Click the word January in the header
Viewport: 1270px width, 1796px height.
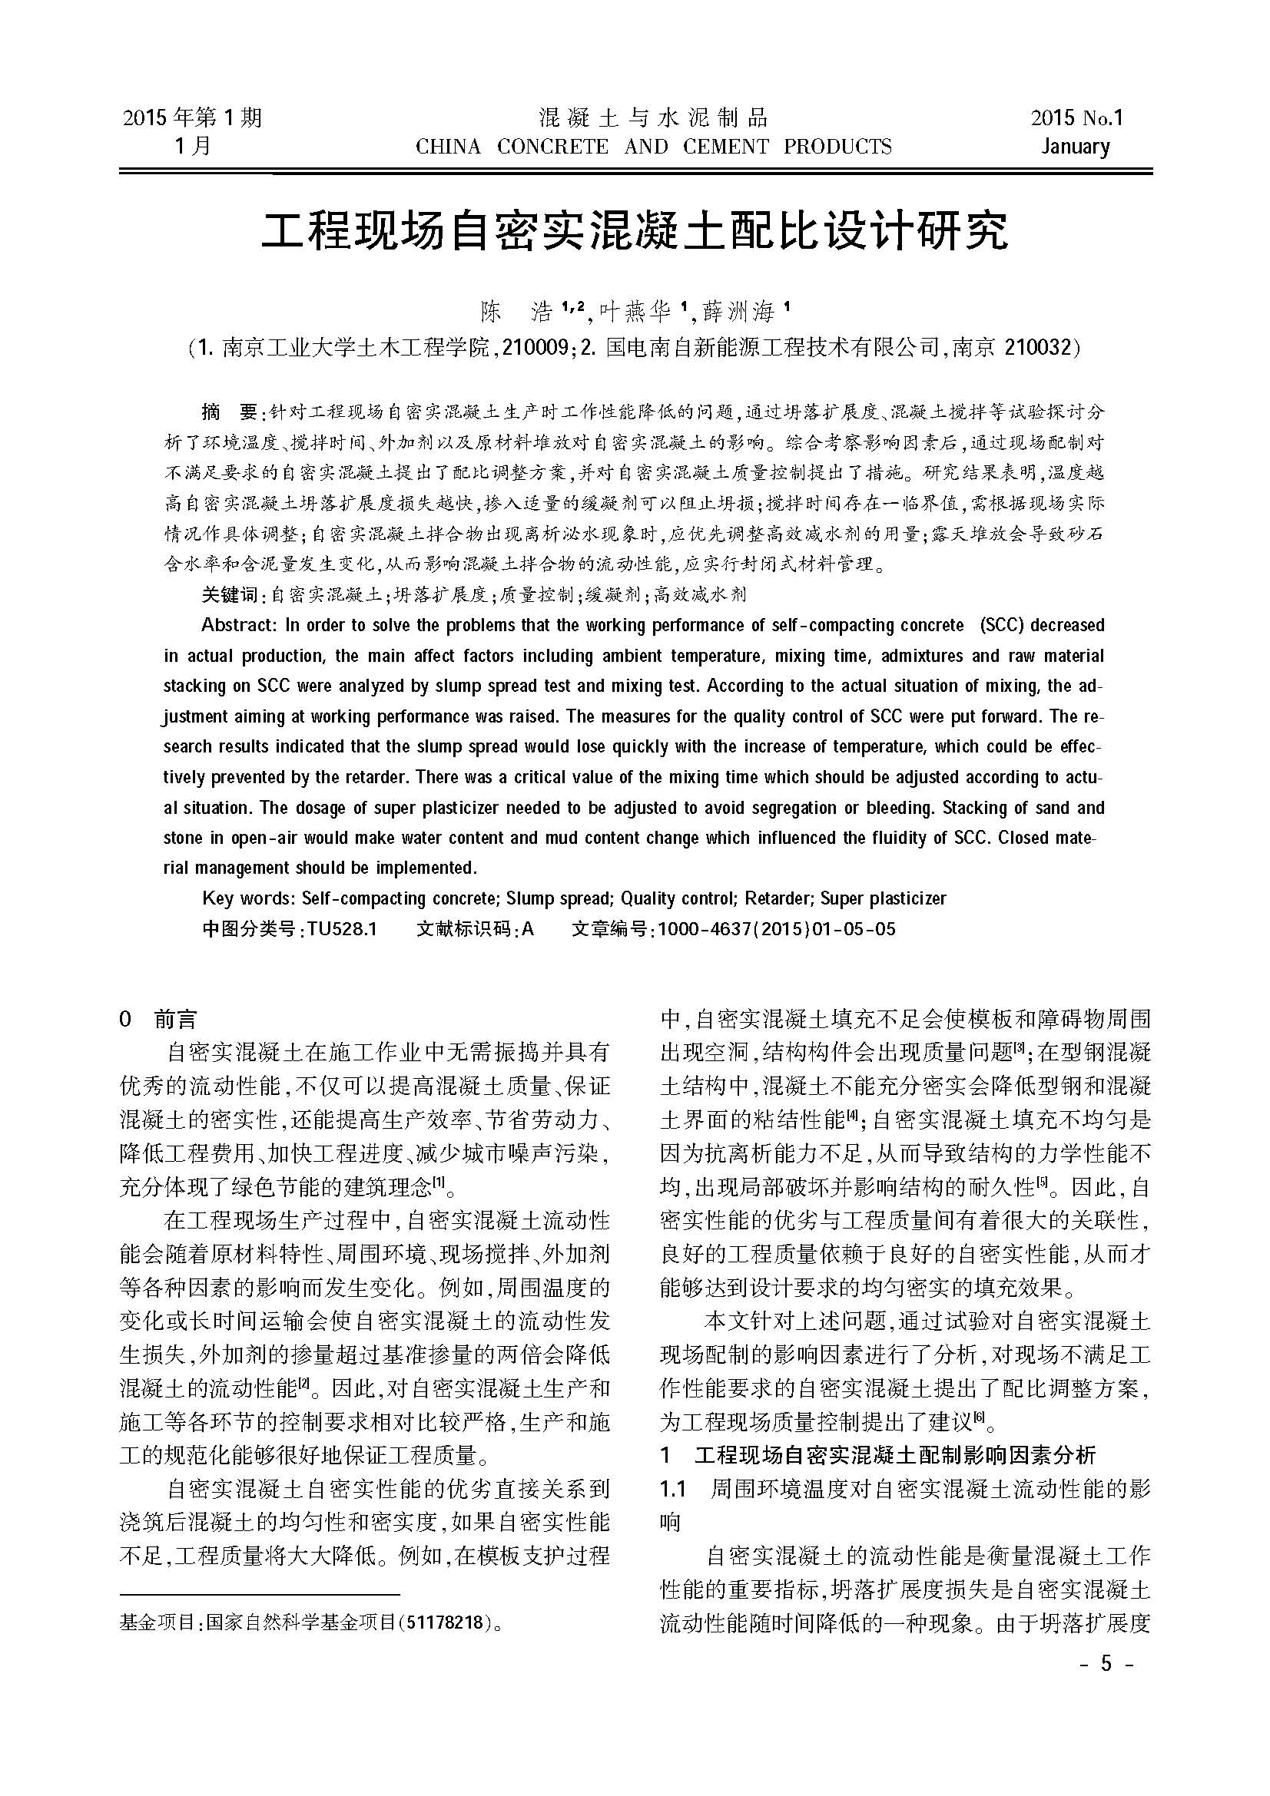point(1075,147)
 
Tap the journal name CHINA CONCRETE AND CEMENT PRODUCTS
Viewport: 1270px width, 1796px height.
point(653,147)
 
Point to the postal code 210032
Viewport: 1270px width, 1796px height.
point(1036,346)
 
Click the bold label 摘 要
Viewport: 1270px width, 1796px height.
point(228,412)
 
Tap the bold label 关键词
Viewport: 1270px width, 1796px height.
point(229,594)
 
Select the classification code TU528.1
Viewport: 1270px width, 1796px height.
point(342,929)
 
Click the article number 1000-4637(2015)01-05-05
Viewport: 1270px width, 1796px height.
point(776,929)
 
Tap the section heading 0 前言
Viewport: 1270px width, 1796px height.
point(158,1020)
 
